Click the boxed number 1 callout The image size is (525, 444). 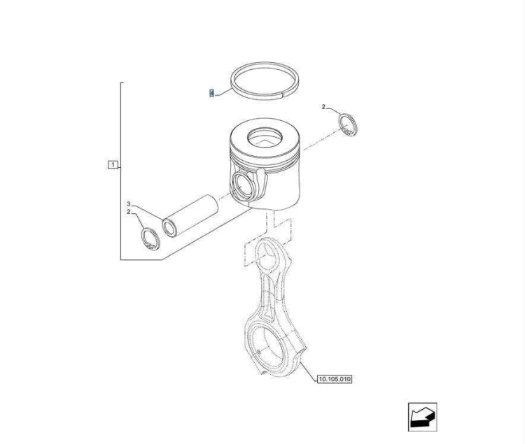(x=113, y=164)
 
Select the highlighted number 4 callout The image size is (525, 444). (x=211, y=93)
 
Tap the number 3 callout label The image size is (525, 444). (x=128, y=204)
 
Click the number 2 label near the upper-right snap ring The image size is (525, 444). (x=323, y=107)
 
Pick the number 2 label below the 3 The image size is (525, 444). (x=128, y=212)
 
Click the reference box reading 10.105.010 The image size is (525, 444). (x=335, y=379)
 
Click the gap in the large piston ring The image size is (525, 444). (x=282, y=95)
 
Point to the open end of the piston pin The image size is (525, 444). (x=169, y=228)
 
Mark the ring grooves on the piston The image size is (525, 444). (x=265, y=161)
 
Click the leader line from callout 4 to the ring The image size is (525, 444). (x=223, y=92)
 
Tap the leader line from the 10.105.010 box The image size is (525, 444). (x=308, y=371)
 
